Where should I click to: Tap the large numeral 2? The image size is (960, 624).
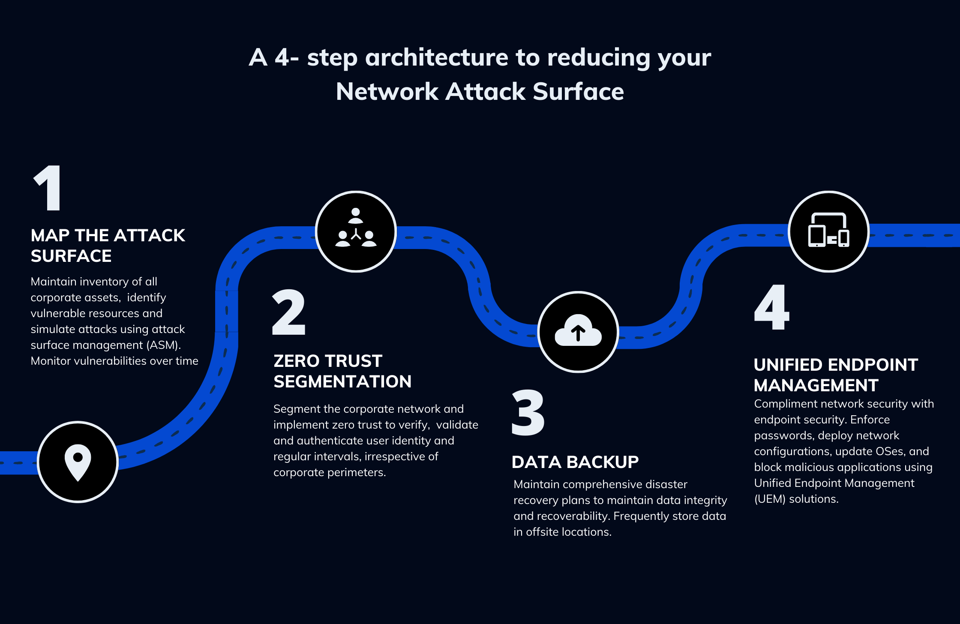point(289,312)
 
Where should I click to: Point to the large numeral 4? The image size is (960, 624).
point(772,307)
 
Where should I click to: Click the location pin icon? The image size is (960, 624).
point(78,462)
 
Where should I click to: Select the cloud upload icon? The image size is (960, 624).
point(578,331)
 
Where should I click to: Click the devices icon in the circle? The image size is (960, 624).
point(828,231)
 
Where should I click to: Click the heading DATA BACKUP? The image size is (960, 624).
point(575,462)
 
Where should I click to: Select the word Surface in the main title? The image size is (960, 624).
point(578,92)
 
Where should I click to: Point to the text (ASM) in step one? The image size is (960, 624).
point(163,345)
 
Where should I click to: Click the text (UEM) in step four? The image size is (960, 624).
point(770,499)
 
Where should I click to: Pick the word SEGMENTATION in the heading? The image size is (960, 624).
point(342,381)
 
